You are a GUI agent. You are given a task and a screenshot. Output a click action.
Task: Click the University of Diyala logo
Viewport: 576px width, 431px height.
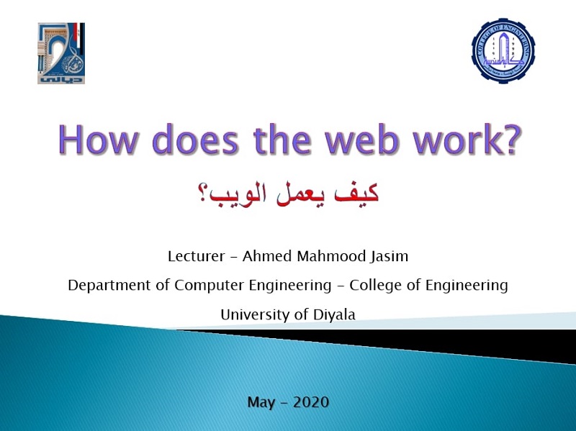coord(61,53)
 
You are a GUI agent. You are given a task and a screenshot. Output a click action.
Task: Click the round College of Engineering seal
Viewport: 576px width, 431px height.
coord(503,50)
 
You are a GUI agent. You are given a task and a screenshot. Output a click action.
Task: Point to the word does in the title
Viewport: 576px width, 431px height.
coord(195,140)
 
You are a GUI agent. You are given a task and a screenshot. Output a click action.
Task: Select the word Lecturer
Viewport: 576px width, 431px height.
coord(196,256)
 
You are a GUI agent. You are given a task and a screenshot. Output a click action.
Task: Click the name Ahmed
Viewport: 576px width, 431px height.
coord(267,256)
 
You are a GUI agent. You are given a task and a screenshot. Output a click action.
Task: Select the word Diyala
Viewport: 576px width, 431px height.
coord(334,314)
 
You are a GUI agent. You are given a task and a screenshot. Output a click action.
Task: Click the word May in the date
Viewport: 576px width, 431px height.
coord(261,402)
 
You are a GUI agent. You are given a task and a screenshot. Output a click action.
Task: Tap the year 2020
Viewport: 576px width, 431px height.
coord(311,402)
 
